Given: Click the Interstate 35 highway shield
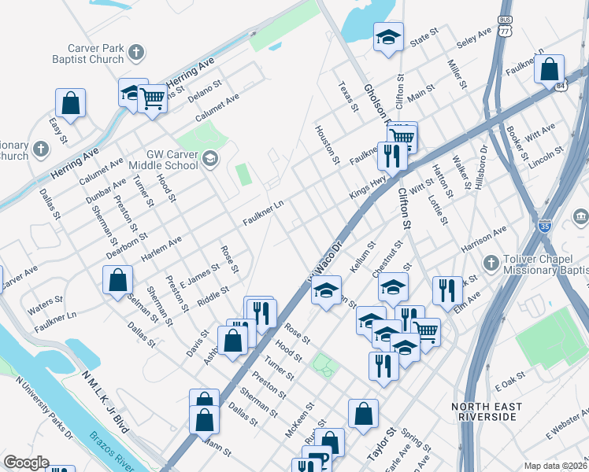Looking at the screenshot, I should click(543, 226).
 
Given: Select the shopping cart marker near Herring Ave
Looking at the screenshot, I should click(152, 98).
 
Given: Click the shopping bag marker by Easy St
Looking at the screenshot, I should click(70, 102).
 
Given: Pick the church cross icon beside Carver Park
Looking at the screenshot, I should click(136, 53).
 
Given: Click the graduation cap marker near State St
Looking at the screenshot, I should click(388, 37).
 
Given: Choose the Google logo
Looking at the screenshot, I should click(26, 463).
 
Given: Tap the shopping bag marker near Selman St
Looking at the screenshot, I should click(117, 280).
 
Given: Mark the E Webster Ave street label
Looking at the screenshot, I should click(566, 434).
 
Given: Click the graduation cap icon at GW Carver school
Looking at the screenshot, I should click(209, 160).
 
